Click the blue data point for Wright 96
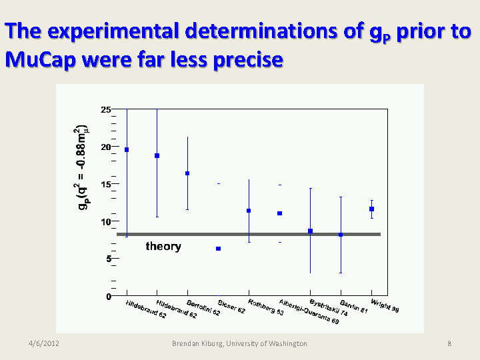(371, 209)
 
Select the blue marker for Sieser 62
(218, 249)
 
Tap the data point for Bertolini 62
(187, 173)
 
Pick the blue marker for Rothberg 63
(249, 211)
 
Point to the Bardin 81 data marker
(341, 235)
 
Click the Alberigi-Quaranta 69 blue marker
(280, 213)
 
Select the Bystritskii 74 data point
(310, 231)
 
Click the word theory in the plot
(163, 247)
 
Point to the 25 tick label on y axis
(105, 109)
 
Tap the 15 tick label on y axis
(105, 184)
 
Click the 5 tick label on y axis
(108, 259)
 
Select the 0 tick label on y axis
(108, 297)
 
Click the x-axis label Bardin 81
(353, 307)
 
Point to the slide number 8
(449, 343)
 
